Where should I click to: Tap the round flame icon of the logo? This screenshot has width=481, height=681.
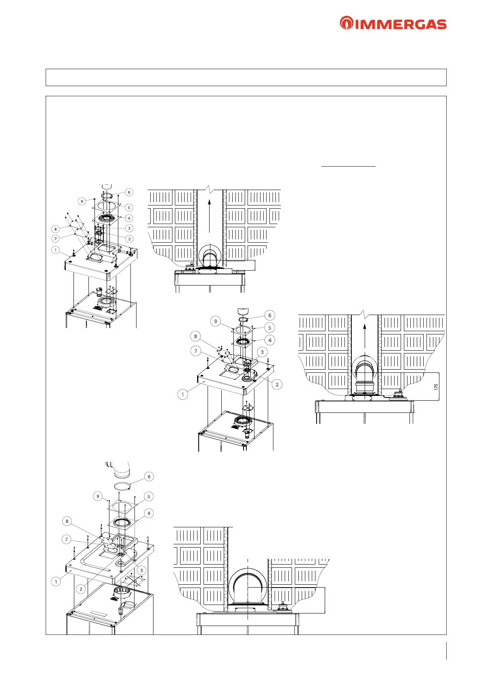tap(346, 23)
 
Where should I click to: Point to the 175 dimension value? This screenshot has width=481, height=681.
tap(436, 387)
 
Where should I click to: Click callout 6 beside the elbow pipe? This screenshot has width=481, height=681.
tap(149, 477)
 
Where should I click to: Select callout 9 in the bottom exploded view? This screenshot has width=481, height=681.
tap(98, 496)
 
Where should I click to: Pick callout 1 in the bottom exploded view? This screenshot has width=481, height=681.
tap(56, 582)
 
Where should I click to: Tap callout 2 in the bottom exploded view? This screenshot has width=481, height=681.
tap(81, 589)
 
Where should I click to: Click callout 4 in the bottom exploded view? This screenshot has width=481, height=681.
tap(149, 513)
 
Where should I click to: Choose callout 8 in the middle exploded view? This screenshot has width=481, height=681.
tap(195, 336)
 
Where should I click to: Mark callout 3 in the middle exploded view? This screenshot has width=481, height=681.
tap(262, 352)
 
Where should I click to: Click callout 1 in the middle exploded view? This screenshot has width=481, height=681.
tap(183, 394)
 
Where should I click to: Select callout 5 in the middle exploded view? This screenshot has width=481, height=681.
tap(269, 328)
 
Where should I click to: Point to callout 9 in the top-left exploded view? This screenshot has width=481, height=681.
tap(82, 201)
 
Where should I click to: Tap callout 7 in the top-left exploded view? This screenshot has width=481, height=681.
tap(56, 239)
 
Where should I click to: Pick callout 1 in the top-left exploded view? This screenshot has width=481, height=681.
tap(56, 250)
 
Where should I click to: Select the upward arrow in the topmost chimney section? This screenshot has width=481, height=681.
tap(210, 215)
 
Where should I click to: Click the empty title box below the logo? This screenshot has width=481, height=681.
tap(246, 77)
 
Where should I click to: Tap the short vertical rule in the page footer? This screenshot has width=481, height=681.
tap(446, 651)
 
